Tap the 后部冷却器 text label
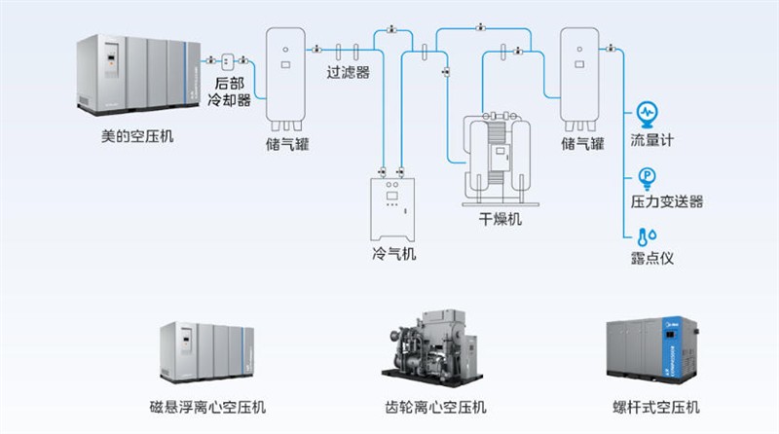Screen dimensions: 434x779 click(232, 92)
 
